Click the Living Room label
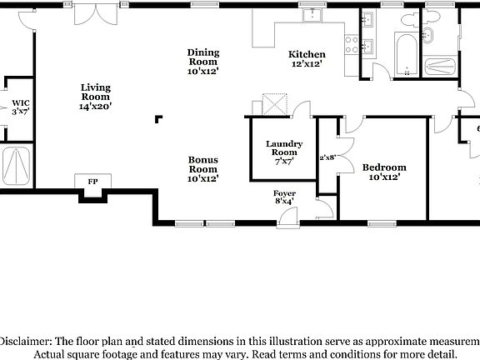coord(95,97)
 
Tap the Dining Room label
coord(202,62)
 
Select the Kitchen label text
coord(306,58)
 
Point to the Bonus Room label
coord(202,168)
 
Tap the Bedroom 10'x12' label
coord(384,172)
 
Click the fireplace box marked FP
coord(92,181)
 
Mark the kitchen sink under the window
coord(314,17)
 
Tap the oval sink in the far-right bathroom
coord(430,34)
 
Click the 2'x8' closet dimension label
coord(327,157)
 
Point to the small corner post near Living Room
coord(157,119)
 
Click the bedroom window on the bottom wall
coord(382,222)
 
